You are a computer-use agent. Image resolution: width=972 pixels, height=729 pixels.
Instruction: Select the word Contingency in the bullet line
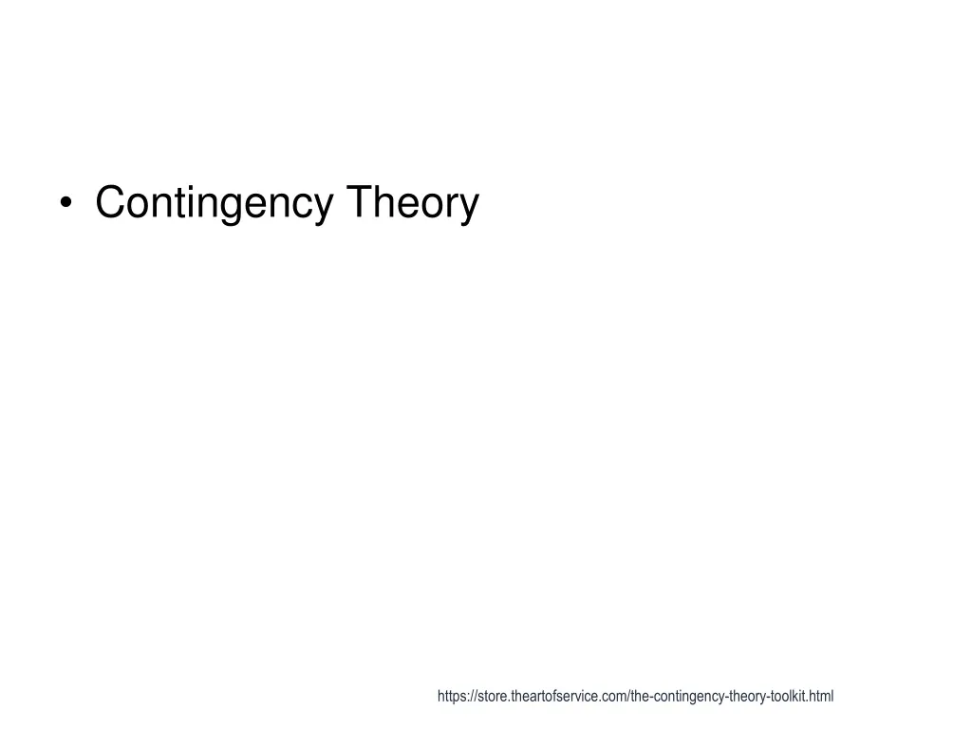coord(214,203)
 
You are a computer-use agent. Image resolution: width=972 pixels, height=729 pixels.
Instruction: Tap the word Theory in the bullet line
coord(412,203)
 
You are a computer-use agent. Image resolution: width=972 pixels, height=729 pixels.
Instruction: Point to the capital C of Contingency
coord(110,202)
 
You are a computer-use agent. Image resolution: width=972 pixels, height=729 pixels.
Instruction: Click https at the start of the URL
coord(451,697)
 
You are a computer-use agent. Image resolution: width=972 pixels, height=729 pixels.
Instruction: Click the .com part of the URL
coord(615,697)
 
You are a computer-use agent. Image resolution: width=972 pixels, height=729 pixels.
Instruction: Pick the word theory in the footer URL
coord(747,697)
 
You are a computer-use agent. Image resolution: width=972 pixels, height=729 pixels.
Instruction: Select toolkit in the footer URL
coord(788,697)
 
